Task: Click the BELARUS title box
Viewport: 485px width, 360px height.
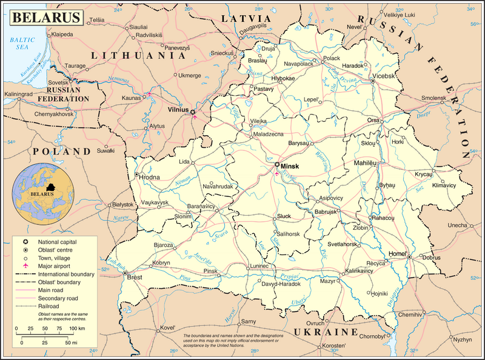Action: [x=44, y=16]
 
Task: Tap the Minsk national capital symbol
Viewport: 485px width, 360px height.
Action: [x=277, y=164]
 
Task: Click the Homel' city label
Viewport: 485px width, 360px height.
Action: [x=396, y=253]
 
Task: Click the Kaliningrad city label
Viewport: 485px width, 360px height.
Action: [x=21, y=95]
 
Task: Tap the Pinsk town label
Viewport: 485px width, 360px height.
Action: [x=210, y=271]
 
